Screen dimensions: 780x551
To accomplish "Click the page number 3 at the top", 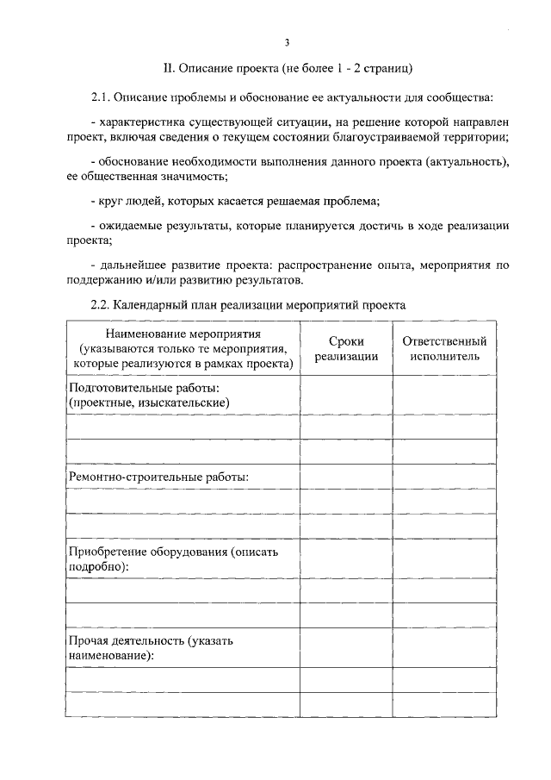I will click(287, 41).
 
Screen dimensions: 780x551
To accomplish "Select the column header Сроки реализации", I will click(346, 349).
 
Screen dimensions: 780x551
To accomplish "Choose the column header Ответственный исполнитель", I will click(444, 349).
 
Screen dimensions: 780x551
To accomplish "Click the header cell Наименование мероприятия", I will click(183, 349).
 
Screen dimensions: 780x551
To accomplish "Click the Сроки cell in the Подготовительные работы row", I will click(346, 395).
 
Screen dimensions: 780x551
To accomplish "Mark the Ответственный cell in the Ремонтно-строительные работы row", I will click(444, 476).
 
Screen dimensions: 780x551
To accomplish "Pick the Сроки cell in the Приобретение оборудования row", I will click(346, 558).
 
